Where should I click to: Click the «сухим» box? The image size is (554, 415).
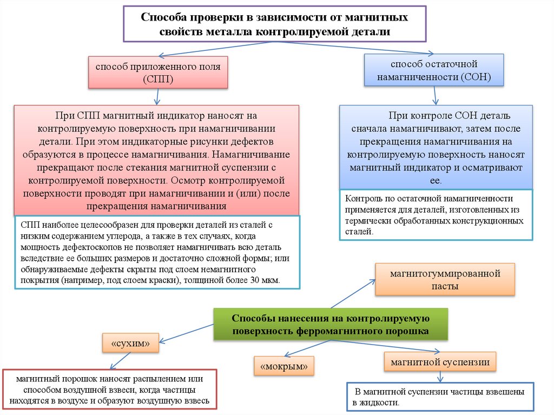point(130,343)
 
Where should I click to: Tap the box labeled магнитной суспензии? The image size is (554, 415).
point(440,361)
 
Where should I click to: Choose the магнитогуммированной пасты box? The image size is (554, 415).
point(445,280)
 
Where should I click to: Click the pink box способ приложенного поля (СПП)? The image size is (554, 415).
point(158,73)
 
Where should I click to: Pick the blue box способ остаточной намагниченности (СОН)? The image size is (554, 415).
point(434,69)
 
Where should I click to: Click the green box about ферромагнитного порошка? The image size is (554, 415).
point(331,324)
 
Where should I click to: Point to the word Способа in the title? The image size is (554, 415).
point(161,17)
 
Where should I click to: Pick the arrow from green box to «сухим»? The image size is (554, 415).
point(187,332)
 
